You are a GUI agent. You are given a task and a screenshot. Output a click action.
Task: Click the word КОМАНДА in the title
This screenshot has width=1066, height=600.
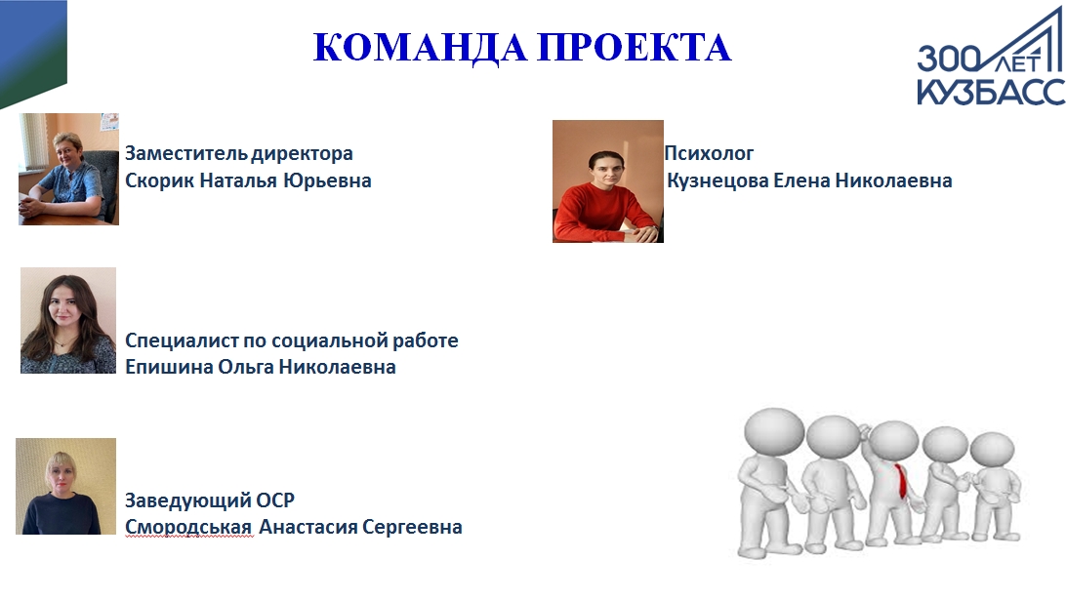(x=420, y=48)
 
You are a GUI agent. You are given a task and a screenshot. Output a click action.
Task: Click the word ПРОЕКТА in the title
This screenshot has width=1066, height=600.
(x=635, y=48)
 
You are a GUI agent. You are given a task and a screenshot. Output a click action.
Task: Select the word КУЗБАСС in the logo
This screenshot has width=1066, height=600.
(x=991, y=91)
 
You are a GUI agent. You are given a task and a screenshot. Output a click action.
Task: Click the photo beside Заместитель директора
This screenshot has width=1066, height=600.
(x=68, y=169)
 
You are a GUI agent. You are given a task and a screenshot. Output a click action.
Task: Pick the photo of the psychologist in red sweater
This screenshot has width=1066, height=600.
(x=608, y=181)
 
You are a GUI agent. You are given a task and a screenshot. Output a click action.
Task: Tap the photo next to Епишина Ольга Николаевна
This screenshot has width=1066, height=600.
(x=68, y=320)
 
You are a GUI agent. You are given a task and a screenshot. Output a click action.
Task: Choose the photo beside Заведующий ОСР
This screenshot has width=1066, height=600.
(x=66, y=486)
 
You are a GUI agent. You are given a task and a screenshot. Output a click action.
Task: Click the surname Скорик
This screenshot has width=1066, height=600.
(x=160, y=180)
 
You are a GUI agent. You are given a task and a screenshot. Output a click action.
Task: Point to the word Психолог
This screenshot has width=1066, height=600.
(x=709, y=153)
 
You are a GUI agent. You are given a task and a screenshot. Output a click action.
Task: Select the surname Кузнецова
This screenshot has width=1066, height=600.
(x=717, y=180)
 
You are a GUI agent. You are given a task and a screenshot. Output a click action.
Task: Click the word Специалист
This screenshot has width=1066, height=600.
(x=182, y=340)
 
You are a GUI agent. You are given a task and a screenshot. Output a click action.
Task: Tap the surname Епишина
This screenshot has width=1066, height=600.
(x=169, y=367)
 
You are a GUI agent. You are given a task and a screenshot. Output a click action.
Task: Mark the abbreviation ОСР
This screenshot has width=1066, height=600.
(x=275, y=500)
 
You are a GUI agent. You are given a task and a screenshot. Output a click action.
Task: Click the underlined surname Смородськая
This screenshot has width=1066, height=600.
(x=189, y=527)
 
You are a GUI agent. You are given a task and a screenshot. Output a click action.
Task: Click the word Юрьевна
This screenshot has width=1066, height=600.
(x=327, y=180)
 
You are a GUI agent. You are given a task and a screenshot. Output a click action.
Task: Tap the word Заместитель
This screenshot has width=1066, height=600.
(x=185, y=153)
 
